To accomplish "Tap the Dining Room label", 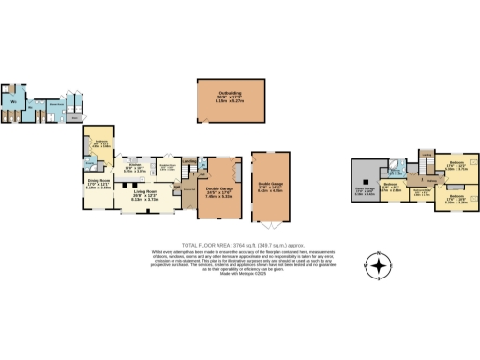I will point(98,184).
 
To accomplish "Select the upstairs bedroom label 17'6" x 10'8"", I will point(457,199).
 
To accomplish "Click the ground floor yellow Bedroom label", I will point(100,143).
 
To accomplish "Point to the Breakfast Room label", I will point(170,166).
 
